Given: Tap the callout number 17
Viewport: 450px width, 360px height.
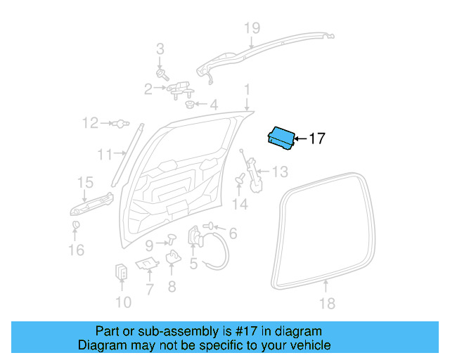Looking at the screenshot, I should [x=317, y=139].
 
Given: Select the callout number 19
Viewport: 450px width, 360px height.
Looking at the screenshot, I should [x=252, y=28].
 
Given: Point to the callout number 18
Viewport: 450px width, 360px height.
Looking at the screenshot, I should [x=327, y=304].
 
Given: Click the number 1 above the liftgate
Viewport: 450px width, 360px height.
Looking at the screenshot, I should [x=247, y=89].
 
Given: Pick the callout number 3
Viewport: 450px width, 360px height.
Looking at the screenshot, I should [x=160, y=49].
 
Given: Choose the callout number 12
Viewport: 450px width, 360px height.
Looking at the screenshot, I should [x=90, y=124].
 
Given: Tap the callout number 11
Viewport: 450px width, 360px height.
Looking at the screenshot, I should [x=104, y=154].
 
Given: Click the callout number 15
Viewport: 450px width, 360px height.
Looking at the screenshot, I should [x=84, y=183].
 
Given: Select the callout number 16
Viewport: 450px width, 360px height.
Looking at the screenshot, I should [x=76, y=250].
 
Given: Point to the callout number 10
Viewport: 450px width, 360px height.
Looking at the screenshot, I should [x=122, y=302].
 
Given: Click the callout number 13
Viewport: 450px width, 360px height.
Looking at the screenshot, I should [x=280, y=172].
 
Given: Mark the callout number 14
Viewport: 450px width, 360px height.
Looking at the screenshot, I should [x=240, y=204].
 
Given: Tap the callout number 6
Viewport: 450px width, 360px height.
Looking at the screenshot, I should [x=233, y=233].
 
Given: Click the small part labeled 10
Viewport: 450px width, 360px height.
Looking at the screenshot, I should [x=122, y=272].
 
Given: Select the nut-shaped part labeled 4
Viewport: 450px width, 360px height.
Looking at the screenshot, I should [x=190, y=105].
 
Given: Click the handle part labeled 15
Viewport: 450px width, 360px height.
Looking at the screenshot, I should [x=91, y=204].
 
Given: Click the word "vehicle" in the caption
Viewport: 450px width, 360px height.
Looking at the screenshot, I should [x=306, y=345].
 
